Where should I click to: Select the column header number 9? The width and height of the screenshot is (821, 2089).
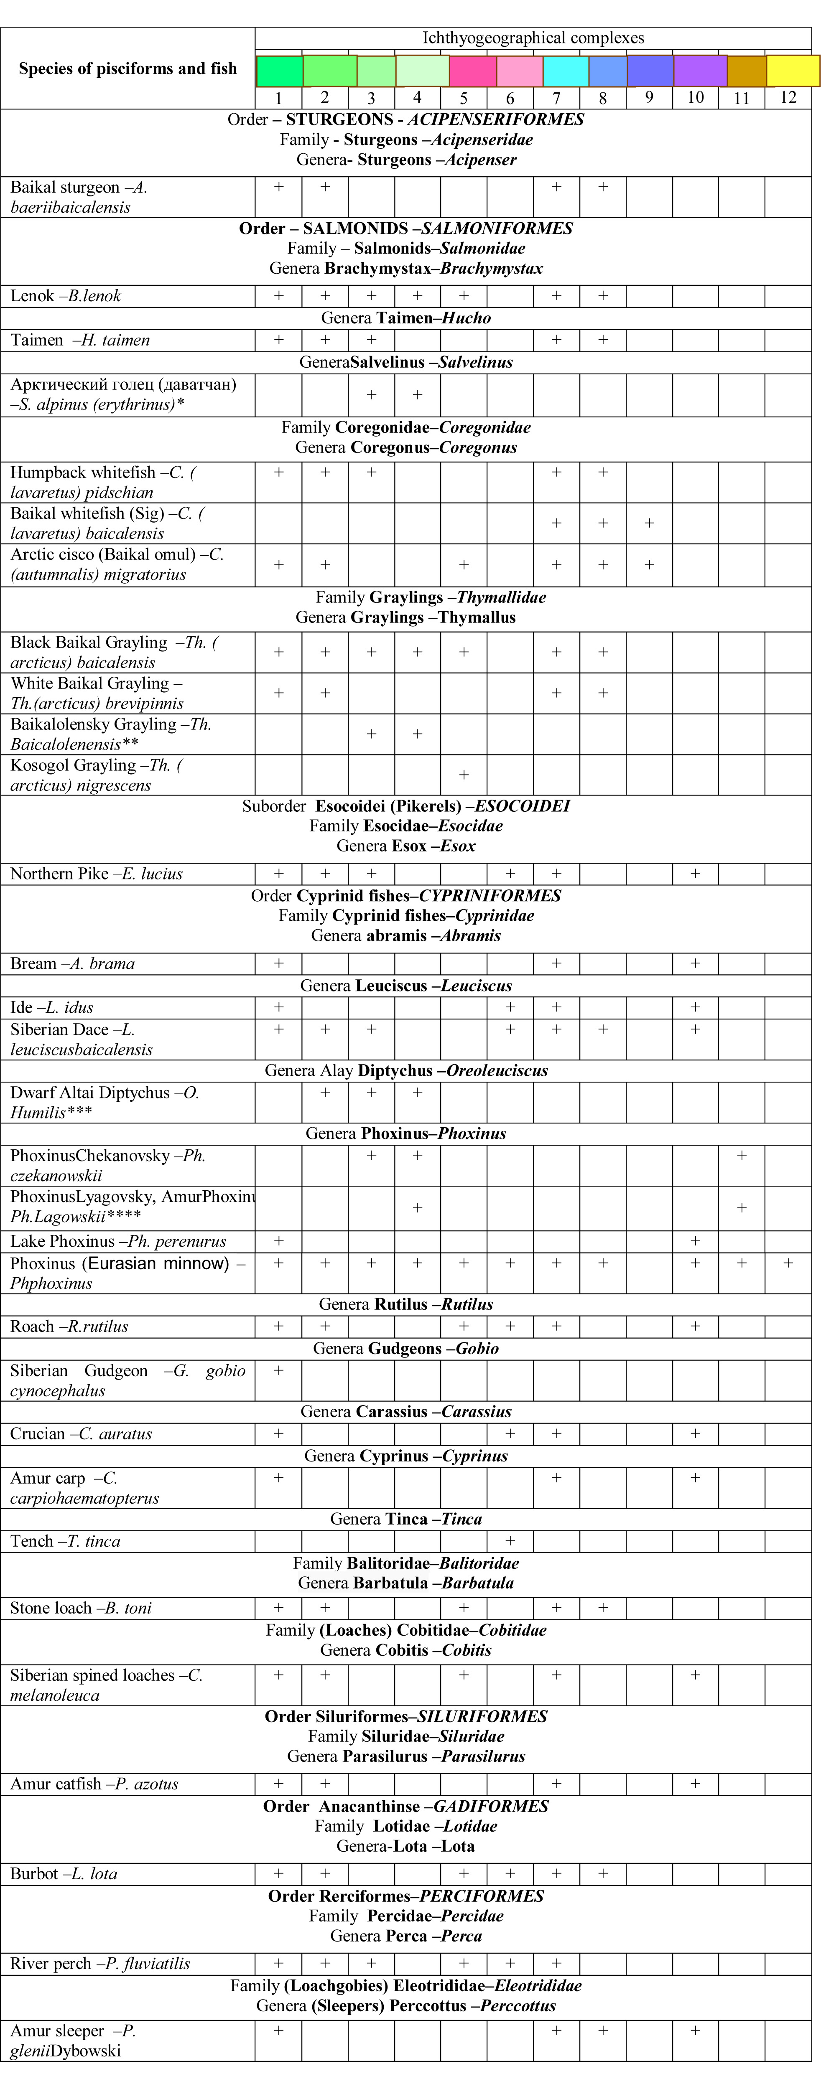649,97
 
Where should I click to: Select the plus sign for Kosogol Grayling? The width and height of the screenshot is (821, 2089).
463,775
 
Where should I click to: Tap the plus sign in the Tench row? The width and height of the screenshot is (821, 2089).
510,1540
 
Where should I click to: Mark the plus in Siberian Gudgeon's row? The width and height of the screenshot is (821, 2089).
278,1370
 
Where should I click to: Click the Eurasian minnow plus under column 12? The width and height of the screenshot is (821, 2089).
788,1263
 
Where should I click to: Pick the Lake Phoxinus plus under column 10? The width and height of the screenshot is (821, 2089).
695,1241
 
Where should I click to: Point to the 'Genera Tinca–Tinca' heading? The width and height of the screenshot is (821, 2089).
405,1519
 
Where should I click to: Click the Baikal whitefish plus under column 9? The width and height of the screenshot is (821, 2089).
649,523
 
